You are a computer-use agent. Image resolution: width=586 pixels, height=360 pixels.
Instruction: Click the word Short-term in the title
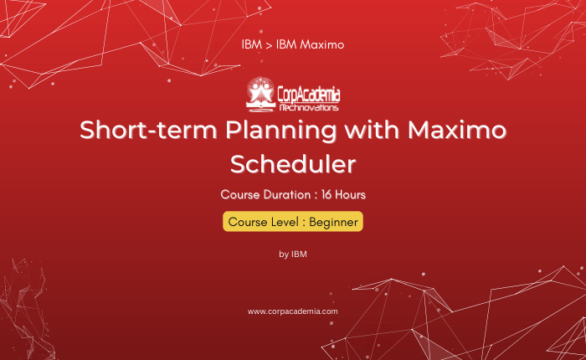pos(148,130)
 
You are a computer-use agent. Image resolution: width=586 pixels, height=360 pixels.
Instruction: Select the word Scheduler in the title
pos(293,164)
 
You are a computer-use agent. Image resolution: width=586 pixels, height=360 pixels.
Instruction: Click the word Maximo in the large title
pos(457,130)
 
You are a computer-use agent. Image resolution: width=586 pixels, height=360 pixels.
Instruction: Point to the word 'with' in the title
pos(372,130)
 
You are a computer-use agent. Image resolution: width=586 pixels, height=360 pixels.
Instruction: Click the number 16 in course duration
pos(326,195)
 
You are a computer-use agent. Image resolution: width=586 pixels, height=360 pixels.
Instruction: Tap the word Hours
pos(350,195)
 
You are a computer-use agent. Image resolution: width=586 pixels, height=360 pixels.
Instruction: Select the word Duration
pos(287,195)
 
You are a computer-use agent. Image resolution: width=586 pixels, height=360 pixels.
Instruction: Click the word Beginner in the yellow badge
pos(333,222)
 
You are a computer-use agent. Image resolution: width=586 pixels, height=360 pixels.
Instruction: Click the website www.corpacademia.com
pos(293,311)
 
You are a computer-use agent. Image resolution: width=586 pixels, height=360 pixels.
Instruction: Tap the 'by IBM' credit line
pos(293,255)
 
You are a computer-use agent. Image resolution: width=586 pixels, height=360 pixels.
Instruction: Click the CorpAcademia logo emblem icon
pos(260,95)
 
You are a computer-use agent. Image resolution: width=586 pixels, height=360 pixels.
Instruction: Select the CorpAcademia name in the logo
pos(309,95)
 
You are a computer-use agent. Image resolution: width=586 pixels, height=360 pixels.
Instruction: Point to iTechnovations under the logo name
pos(309,108)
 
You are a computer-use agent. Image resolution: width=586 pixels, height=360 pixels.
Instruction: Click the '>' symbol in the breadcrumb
pos(269,45)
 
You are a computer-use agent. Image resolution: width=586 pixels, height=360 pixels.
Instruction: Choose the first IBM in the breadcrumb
pos(251,44)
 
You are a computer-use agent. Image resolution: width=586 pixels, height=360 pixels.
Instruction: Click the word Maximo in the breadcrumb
pos(322,44)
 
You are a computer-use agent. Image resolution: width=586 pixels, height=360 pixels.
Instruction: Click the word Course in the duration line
pos(239,195)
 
